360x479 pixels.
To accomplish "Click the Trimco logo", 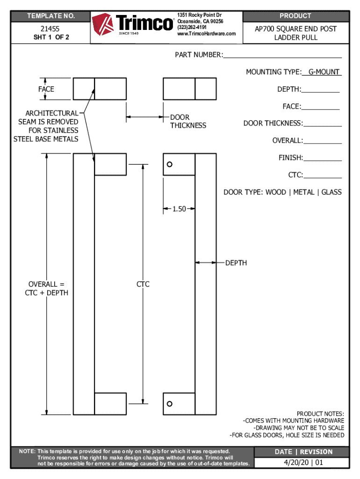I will click(x=133, y=24).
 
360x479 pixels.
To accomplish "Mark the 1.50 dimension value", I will click(x=179, y=209).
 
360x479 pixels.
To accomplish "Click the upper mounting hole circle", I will click(x=170, y=164).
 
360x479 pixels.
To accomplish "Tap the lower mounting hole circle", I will click(x=170, y=404).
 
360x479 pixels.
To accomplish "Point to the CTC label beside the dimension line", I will click(x=143, y=284).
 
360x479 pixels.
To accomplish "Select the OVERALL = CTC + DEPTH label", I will click(x=46, y=289).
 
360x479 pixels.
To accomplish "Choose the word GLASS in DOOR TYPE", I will click(x=331, y=192).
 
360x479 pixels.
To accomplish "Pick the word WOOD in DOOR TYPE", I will click(x=276, y=192).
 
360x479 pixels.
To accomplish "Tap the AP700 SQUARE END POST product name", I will click(x=295, y=29).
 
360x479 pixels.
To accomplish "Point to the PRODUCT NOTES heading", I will click(x=320, y=414).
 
